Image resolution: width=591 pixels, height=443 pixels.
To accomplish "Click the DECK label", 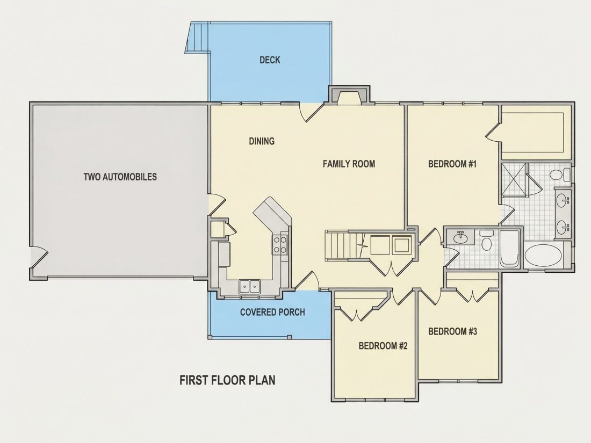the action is tap(270, 60).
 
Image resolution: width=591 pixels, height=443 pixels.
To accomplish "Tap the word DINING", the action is tap(262, 141).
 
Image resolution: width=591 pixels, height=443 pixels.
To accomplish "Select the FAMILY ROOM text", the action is tap(349, 164).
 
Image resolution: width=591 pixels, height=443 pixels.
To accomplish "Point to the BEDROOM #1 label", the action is tap(452, 164).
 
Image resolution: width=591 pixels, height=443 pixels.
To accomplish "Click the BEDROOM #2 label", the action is tap(383, 345).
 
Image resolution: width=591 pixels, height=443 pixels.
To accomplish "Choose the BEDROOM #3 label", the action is tap(453, 331).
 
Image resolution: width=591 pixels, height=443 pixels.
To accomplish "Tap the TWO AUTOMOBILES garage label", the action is tap(120, 177).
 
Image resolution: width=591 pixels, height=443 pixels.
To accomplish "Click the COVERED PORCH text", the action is tap(272, 313).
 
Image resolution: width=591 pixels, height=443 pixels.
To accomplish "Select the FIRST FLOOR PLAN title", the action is tap(227, 380).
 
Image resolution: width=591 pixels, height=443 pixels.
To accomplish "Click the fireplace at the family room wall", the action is tap(349, 95).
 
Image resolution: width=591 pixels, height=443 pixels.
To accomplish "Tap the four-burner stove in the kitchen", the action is tap(280, 244).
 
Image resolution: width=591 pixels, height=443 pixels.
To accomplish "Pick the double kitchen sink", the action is tap(250, 287).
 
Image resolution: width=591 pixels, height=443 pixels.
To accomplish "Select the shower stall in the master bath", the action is tap(514, 179).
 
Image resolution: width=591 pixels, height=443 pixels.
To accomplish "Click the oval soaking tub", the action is tap(543, 255).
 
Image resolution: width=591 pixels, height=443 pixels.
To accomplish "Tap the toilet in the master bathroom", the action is tap(560, 175).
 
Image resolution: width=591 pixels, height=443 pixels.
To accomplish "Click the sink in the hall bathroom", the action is tap(460, 237).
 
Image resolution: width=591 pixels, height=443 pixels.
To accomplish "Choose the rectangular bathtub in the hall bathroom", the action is tap(509, 249).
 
